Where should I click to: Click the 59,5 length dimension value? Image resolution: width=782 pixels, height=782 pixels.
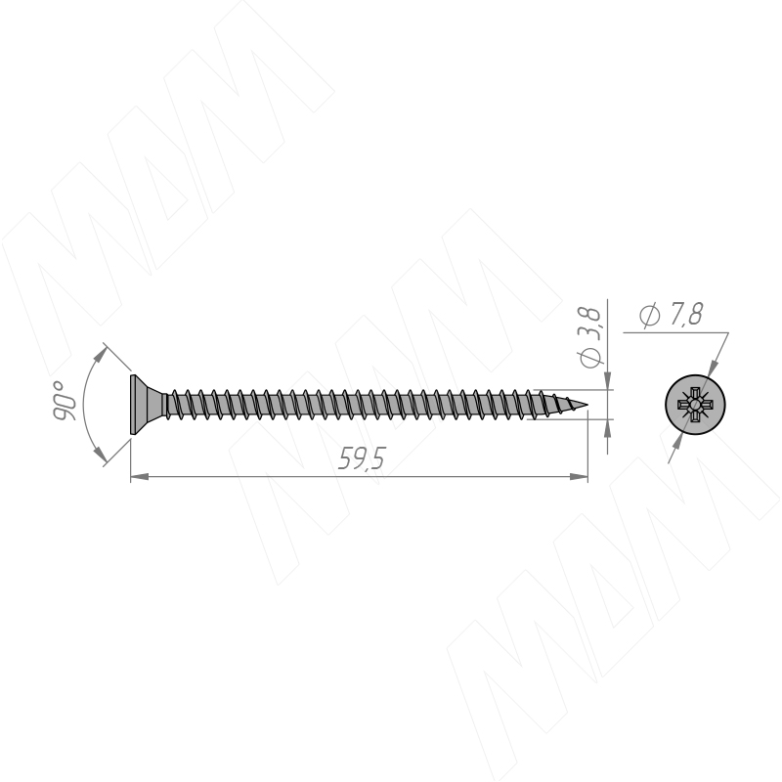pyautogui.click(x=362, y=458)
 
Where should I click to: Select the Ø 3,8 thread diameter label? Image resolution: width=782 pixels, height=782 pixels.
pyautogui.click(x=591, y=337)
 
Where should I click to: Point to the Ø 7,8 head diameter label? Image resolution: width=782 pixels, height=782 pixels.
pyautogui.click(x=671, y=315)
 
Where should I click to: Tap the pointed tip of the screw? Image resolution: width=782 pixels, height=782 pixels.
pyautogui.click(x=587, y=405)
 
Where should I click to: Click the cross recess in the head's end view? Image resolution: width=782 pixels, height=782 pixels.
pyautogui.click(x=694, y=405)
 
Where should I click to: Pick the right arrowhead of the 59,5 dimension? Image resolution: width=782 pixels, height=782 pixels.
pyautogui.click(x=579, y=477)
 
